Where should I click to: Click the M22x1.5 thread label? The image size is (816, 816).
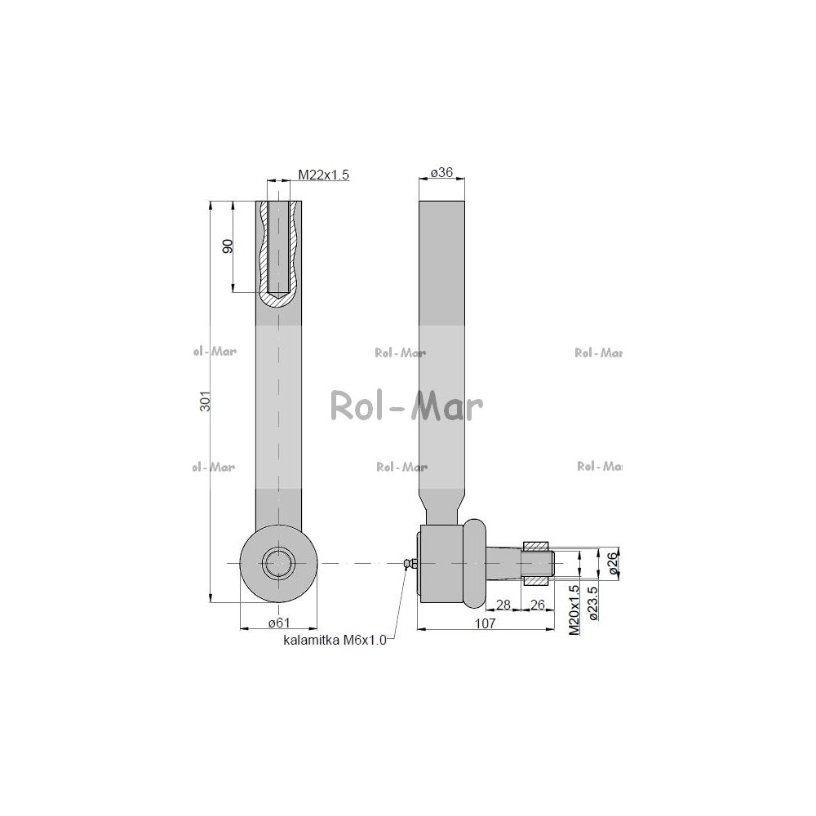[323, 175]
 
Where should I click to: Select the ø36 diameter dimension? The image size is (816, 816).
[441, 172]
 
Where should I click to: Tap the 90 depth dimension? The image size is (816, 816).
[228, 246]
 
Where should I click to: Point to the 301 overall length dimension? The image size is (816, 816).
[206, 401]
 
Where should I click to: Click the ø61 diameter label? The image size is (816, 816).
[278, 623]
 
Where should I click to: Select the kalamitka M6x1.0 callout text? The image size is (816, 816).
[335, 640]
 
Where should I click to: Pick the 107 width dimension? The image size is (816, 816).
[485, 623]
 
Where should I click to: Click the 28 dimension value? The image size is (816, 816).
[503, 605]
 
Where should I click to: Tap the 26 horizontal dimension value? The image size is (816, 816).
[537, 605]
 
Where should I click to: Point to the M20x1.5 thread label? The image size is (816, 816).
[574, 610]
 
